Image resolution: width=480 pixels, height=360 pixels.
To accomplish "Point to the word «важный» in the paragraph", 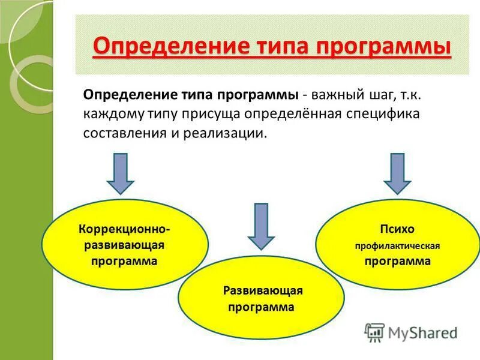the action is [x=337, y=95].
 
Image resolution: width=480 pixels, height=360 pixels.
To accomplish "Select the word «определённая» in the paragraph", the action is [x=297, y=113].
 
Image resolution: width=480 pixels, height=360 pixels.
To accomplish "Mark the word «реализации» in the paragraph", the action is [x=229, y=133].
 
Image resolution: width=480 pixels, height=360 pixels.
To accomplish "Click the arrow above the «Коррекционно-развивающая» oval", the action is [x=121, y=172].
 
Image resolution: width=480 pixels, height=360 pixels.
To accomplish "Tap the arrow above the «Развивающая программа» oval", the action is [x=260, y=226].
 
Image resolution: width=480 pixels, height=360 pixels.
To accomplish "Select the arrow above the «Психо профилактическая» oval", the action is [x=397, y=172].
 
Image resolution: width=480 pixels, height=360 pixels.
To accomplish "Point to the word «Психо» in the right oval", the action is [x=397, y=229].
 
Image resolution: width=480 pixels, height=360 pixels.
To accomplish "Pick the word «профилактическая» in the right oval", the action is [x=397, y=246].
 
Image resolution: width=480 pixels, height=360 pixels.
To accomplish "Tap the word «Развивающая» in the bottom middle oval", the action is [x=263, y=291].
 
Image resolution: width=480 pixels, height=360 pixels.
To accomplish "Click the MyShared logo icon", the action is [x=375, y=332].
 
